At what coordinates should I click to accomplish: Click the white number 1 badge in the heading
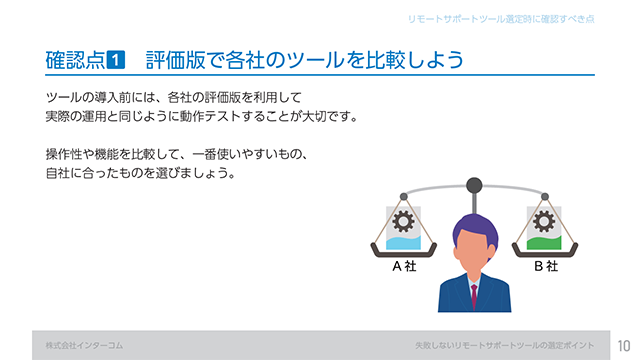coord(116,60)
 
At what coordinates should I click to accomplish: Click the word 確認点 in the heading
coord(75,60)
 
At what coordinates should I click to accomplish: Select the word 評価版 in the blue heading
coord(176,60)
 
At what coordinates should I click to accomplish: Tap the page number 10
coord(624,346)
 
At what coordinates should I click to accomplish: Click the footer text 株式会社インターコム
coord(84,345)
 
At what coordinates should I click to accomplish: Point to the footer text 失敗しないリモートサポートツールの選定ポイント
coord(505,345)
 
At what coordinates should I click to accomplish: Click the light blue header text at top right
coord(501,19)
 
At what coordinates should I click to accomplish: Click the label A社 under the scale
coord(404,266)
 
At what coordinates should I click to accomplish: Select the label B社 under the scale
coord(546,266)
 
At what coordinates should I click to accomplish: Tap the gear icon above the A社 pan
coord(403,221)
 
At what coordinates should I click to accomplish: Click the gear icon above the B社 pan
coord(544,221)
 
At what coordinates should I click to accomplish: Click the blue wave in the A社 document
coord(403,242)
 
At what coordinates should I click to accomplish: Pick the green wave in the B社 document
coord(544,242)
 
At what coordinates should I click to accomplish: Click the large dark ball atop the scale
coord(474,186)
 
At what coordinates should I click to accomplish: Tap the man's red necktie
coord(474,296)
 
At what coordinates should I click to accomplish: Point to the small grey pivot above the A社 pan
coord(404,197)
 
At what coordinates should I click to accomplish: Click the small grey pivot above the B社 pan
coord(545,197)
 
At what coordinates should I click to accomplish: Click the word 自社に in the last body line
coord(64,173)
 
